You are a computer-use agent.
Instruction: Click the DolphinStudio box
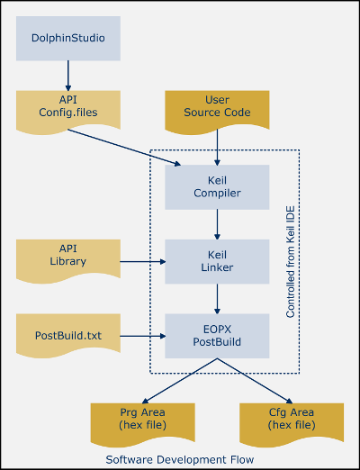point(68,39)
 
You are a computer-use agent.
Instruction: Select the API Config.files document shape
point(68,112)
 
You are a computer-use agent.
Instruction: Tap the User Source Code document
point(217,112)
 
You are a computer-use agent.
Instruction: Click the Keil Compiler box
point(217,187)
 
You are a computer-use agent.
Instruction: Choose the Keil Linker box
point(217,261)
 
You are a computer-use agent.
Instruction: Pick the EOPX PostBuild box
point(217,336)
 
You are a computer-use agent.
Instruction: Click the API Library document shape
point(68,260)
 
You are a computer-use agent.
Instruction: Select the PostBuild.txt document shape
point(68,335)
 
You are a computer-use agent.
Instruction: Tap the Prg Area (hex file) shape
point(143,424)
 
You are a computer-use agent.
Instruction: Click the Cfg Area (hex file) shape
point(292,424)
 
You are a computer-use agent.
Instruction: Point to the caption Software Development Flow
point(180,459)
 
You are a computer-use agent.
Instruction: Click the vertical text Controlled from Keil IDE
point(291,261)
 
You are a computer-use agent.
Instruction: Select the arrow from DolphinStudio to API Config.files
point(68,76)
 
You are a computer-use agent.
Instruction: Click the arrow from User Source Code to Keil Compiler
point(217,147)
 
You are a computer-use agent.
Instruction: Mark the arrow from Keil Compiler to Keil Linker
point(217,224)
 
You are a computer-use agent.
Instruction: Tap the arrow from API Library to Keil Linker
point(143,262)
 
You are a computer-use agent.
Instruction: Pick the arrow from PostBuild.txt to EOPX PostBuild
point(143,336)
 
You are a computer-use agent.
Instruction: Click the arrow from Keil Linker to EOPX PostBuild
point(217,299)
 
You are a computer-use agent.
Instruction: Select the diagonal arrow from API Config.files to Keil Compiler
point(124,147)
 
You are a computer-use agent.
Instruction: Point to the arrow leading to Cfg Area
point(255,381)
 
